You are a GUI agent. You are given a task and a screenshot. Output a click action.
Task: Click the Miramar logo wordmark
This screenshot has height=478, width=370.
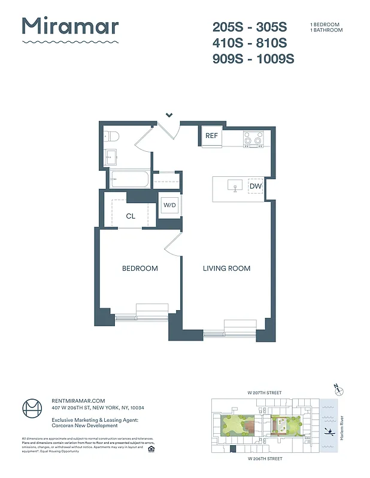70,26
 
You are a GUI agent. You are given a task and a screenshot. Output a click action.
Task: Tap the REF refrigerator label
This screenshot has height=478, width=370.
211,136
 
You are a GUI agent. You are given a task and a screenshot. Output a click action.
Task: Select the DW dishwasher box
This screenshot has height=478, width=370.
255,187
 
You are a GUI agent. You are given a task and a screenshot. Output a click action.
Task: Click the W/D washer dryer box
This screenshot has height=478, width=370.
170,206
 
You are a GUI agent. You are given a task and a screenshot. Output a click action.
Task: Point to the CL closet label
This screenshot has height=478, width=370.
130,217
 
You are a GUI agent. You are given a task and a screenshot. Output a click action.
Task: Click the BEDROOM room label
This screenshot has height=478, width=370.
139,268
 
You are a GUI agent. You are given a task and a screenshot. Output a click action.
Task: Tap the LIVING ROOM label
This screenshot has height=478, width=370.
226,268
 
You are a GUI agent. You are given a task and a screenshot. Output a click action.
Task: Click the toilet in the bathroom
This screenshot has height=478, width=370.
111,137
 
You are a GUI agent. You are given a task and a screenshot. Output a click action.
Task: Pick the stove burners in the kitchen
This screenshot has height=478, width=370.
254,139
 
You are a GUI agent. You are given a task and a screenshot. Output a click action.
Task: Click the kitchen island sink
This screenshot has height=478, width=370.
235,186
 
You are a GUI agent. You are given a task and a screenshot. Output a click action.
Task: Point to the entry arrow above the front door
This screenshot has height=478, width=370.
169,115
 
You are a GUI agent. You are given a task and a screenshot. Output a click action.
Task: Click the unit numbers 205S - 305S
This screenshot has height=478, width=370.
250,27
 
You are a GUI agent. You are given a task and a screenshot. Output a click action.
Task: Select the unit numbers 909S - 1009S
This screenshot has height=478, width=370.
253,59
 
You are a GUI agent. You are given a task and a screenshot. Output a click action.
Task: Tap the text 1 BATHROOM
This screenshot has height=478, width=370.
326,30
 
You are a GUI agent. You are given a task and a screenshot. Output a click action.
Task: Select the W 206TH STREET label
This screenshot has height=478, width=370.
265,458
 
